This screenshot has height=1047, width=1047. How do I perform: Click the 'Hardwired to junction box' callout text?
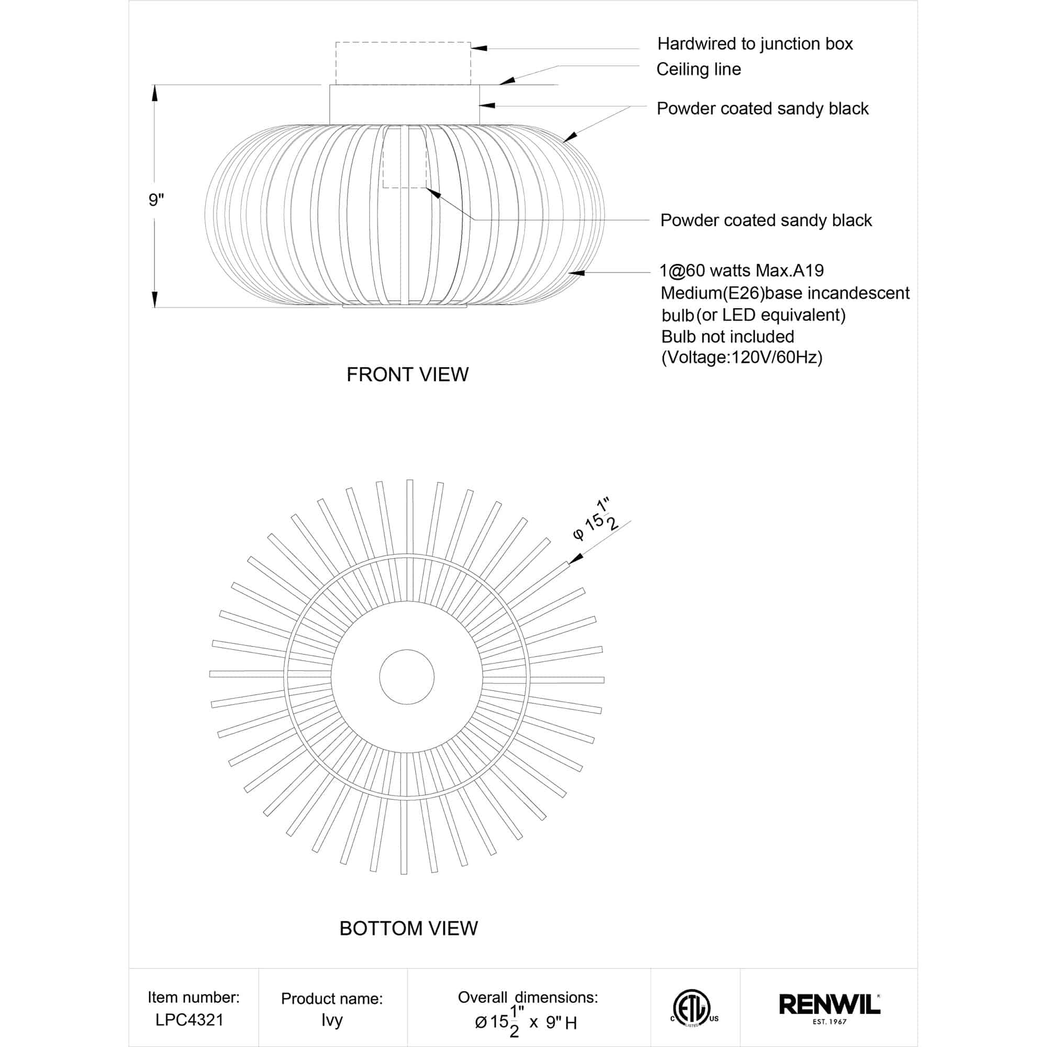[x=754, y=44]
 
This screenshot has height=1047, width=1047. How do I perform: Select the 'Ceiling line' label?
[x=698, y=70]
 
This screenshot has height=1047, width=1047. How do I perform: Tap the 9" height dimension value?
[x=156, y=200]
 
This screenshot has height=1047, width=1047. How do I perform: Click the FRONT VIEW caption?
[x=407, y=374]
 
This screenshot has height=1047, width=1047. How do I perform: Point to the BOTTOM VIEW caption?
[x=408, y=928]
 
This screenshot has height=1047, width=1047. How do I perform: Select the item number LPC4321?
[x=189, y=1020]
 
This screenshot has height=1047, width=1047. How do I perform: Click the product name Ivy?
[x=332, y=1020]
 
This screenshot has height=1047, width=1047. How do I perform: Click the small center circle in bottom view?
[x=406, y=677]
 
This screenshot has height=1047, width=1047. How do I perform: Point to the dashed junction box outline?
[x=403, y=63]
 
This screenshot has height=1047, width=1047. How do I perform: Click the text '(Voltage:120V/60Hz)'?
[x=741, y=358]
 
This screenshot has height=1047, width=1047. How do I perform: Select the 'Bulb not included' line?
[x=727, y=337]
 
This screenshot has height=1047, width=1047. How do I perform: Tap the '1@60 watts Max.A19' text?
[x=741, y=271]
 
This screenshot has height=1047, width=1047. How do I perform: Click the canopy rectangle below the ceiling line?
[x=404, y=105]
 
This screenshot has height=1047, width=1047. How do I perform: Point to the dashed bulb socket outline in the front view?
[x=404, y=157]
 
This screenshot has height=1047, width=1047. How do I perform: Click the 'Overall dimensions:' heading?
[x=527, y=997]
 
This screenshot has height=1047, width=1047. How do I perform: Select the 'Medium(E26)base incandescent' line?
[x=785, y=293]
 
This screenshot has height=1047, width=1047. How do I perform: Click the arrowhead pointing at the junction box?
[x=479, y=48]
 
